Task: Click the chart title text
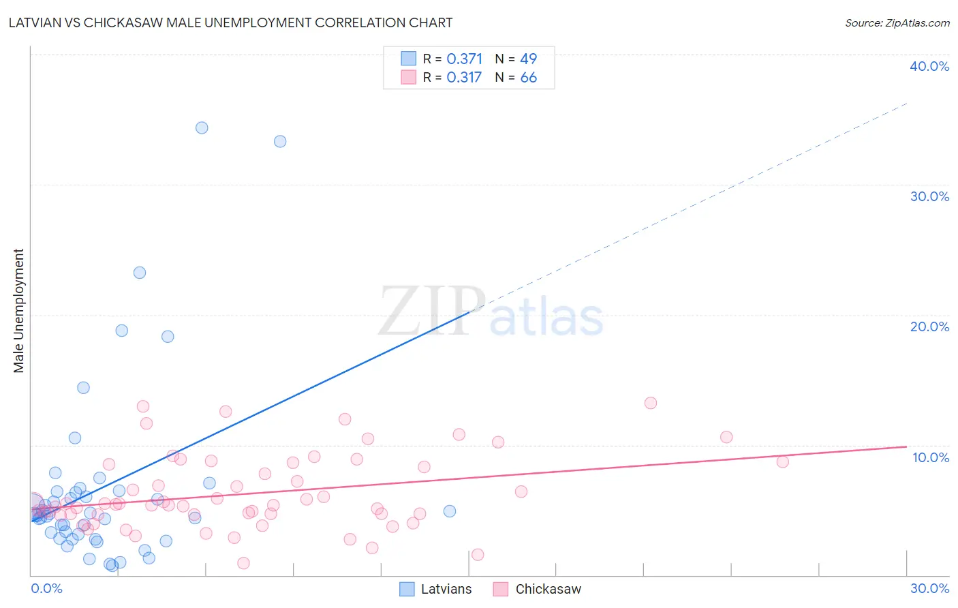(x=230, y=22)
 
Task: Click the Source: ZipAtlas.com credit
(x=897, y=22)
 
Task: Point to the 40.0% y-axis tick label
(x=929, y=66)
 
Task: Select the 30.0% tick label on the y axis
(x=929, y=196)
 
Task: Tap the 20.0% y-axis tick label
(x=929, y=326)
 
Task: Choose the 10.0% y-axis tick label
(x=931, y=457)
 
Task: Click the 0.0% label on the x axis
(x=46, y=588)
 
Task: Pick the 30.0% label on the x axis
(x=929, y=588)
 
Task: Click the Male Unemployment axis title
(x=18, y=311)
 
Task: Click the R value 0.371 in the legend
(x=465, y=59)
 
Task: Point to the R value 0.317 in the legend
(x=465, y=78)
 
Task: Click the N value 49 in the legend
(x=529, y=59)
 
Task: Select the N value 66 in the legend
(x=529, y=78)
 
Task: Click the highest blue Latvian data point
(x=202, y=127)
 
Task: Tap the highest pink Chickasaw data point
(x=651, y=403)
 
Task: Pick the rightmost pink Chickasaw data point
(x=782, y=461)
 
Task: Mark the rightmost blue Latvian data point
(x=450, y=511)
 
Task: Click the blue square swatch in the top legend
(x=408, y=58)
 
